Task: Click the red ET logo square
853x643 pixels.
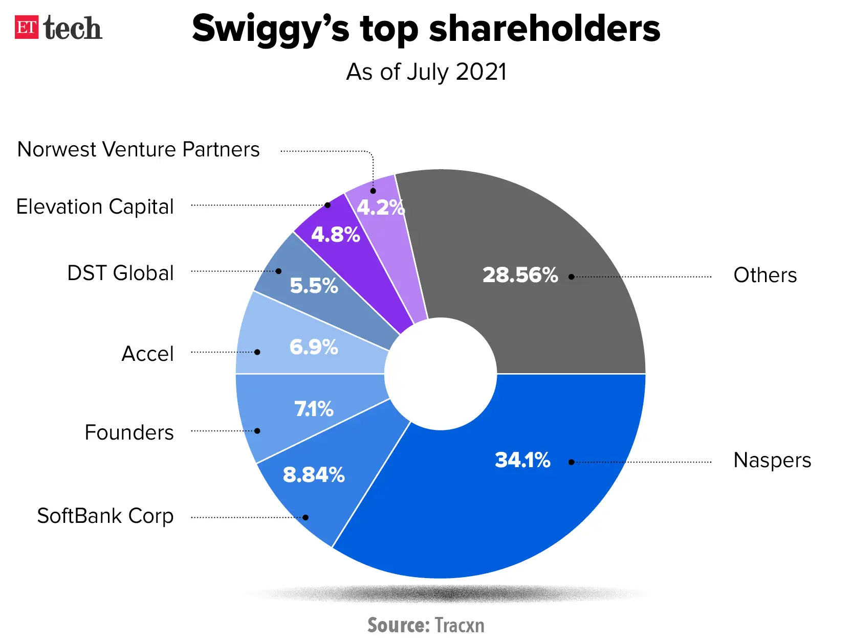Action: (x=27, y=28)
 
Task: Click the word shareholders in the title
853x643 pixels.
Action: (x=544, y=29)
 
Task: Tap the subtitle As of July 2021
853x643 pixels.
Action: (x=426, y=72)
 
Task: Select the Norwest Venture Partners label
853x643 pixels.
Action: (x=138, y=150)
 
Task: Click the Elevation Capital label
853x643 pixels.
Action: (x=95, y=207)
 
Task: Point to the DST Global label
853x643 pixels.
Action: (x=120, y=273)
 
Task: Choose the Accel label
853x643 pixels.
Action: (x=147, y=354)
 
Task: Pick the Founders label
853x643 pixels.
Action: (x=129, y=432)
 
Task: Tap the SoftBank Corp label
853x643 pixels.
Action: (x=105, y=516)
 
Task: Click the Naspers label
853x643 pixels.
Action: (x=772, y=460)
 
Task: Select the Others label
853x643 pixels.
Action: (x=765, y=275)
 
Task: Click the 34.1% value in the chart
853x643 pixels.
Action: (x=522, y=460)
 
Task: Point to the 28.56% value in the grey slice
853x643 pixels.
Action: (x=520, y=275)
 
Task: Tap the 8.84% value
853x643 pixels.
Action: (x=314, y=475)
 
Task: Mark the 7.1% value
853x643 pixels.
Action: (x=314, y=409)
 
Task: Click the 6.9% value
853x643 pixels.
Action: (x=314, y=347)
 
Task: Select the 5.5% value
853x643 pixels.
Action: (x=314, y=286)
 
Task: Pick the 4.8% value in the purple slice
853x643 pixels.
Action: (x=336, y=235)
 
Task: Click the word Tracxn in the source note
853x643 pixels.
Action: (x=459, y=625)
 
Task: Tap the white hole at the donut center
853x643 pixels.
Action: (x=441, y=374)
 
